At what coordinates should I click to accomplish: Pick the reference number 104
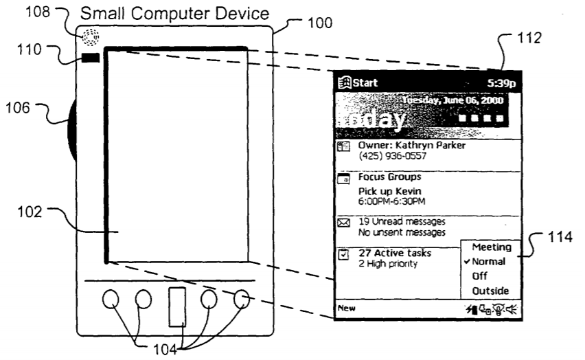172,348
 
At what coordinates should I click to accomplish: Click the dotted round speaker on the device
90,38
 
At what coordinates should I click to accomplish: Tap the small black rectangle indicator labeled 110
90,59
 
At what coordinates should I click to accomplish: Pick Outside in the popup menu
490,291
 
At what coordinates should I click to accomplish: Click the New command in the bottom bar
345,308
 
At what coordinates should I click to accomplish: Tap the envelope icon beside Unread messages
344,223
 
